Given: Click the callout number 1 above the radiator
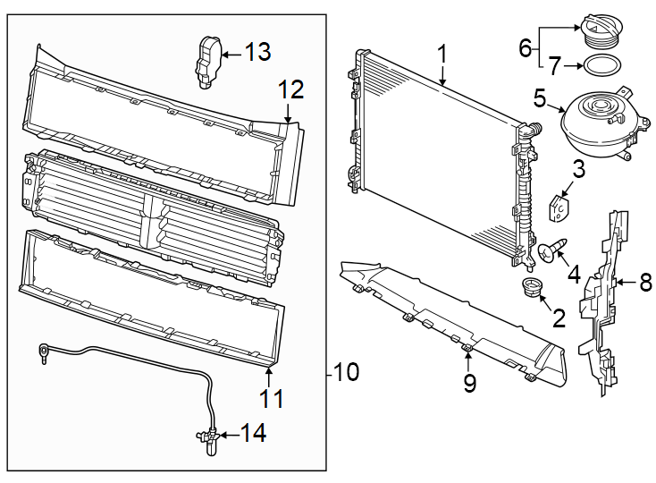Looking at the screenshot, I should tap(442, 55).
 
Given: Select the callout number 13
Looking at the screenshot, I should tap(257, 54).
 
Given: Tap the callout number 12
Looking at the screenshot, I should tap(291, 89).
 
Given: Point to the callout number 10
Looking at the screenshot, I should tap(345, 372).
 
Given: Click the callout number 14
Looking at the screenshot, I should tap(254, 435).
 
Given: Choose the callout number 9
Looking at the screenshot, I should tap(469, 384).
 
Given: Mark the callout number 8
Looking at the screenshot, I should tap(645, 283).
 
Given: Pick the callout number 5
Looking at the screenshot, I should tap(540, 97).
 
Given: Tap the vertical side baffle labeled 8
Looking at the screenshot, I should tap(608, 295).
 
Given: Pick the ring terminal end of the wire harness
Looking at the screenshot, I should tap(42, 351).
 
